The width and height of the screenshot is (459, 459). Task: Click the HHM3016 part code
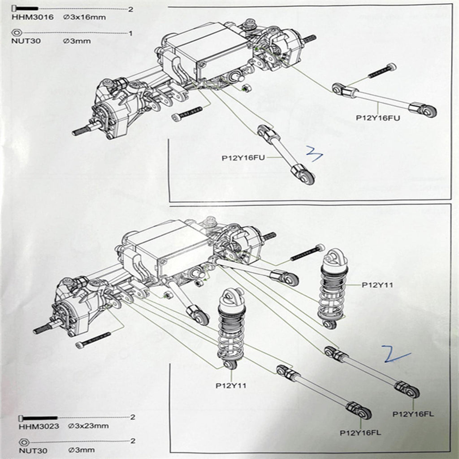(33, 18)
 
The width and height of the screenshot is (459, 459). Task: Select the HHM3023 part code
(39, 426)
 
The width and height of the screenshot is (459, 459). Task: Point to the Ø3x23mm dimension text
(89, 426)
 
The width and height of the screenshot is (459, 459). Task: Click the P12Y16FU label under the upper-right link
(378, 118)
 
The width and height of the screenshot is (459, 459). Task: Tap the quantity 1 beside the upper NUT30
(130, 33)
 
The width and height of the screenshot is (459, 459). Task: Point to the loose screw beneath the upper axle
(187, 114)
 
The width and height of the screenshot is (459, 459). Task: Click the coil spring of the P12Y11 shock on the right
(332, 296)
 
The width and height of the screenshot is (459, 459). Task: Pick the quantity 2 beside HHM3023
(132, 417)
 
